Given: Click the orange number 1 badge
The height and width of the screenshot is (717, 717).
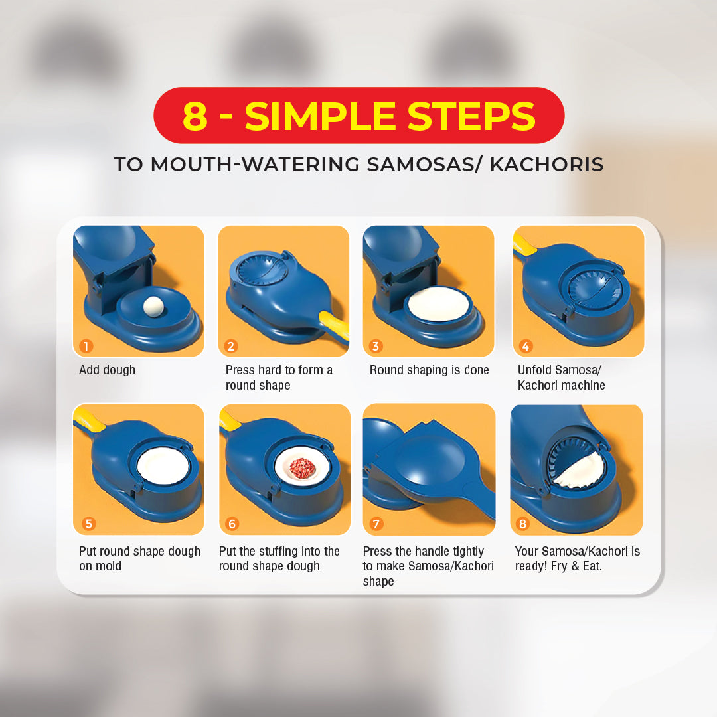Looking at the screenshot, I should click(x=86, y=346).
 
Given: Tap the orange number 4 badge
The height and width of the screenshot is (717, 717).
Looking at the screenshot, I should click(x=526, y=346).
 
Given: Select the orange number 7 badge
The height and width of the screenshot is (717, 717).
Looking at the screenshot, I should click(x=376, y=524).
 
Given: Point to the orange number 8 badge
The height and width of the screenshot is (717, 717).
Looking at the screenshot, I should click(x=523, y=524).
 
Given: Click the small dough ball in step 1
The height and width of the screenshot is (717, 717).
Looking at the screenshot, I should click(x=153, y=306).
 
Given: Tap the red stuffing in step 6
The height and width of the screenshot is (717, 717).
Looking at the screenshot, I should click(x=302, y=467).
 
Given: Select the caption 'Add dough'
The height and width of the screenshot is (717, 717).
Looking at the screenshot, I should click(x=107, y=370).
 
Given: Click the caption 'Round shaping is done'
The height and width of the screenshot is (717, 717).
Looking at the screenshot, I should click(x=429, y=370).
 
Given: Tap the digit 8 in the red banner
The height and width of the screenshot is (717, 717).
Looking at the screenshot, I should click(x=195, y=116).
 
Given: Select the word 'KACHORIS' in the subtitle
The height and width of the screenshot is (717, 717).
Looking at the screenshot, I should click(x=546, y=165).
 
